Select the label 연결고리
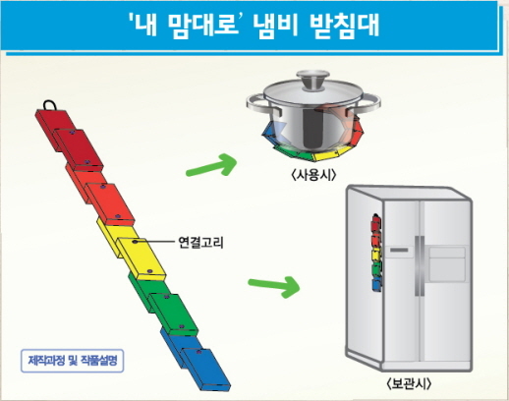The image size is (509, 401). (200, 243)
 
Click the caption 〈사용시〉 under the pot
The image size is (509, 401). (313, 175)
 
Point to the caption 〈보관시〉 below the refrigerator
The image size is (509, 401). (409, 383)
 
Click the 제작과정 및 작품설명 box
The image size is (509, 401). (73, 361)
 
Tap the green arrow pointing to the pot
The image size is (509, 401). (211, 165)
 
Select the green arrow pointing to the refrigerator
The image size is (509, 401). (274, 286)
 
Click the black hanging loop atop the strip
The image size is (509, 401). (49, 105)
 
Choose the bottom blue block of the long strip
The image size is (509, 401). (205, 370)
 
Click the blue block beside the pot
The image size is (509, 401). (269, 132)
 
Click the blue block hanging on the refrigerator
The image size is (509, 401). (376, 284)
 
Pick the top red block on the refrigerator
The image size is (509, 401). (376, 225)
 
